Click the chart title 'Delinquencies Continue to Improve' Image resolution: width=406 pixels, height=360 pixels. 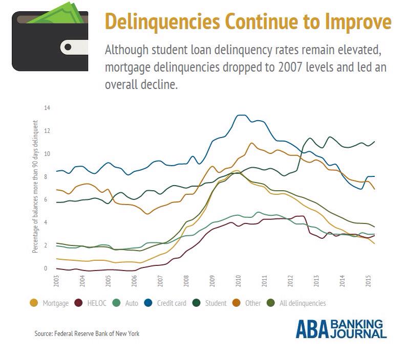(248, 23)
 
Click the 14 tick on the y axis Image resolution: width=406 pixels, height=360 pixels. (47, 108)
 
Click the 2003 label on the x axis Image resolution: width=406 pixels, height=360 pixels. (56, 281)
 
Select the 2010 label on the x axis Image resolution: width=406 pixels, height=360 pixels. (239, 281)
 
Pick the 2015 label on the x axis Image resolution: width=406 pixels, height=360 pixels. (369, 281)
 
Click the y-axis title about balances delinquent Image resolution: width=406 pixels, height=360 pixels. (35, 187)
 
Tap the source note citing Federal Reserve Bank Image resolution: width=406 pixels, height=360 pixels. (87, 333)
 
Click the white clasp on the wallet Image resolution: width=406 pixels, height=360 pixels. (72, 48)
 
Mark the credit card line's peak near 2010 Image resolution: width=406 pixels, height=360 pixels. (241, 115)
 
